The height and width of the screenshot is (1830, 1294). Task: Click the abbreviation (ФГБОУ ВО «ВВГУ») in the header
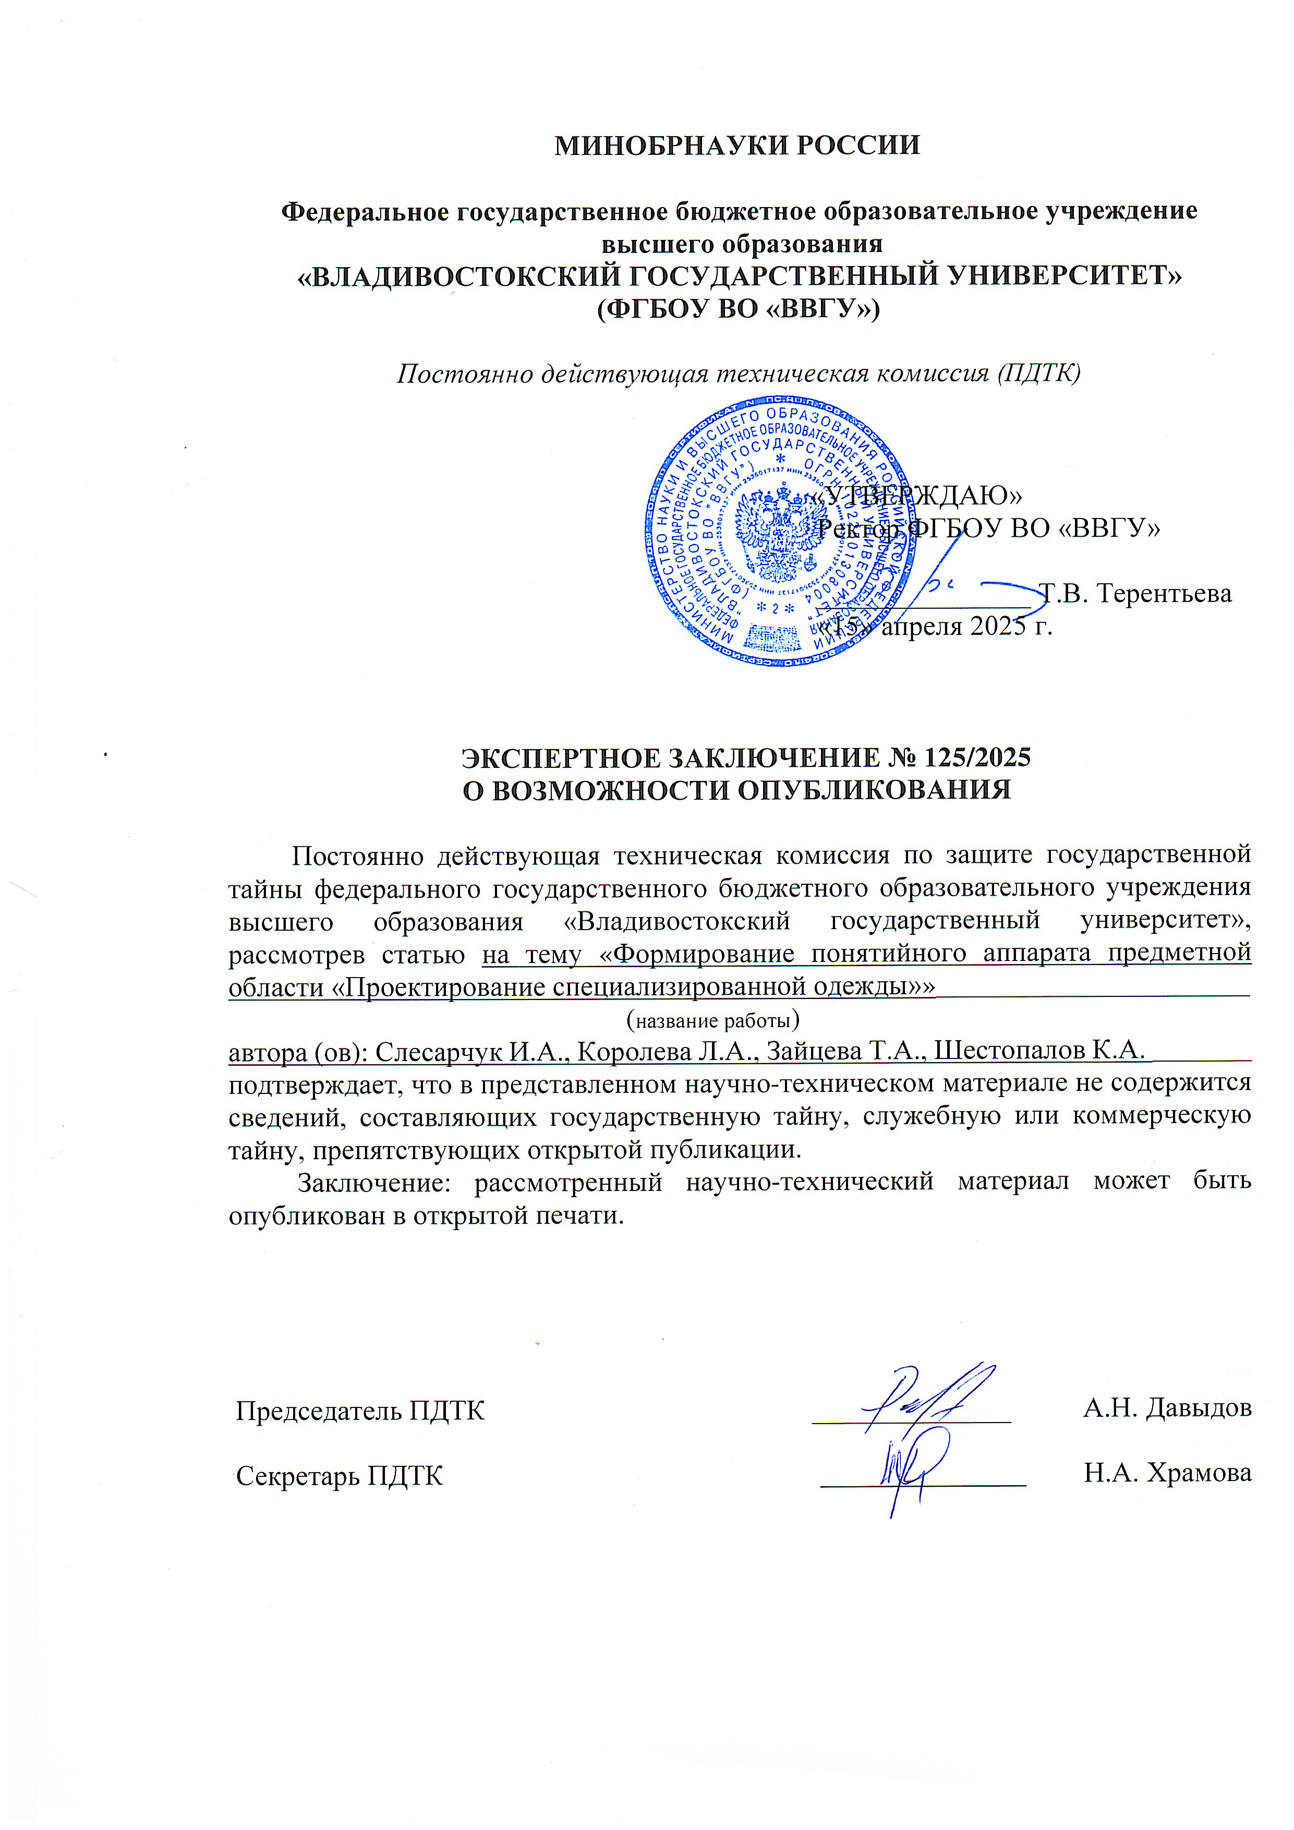coord(738,308)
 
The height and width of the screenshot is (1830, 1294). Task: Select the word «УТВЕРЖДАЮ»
coord(916,495)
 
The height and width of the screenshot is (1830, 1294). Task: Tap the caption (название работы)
coord(713,1020)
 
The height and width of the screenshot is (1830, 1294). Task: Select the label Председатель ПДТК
coord(360,1411)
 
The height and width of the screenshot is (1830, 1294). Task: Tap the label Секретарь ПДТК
coord(340,1476)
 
